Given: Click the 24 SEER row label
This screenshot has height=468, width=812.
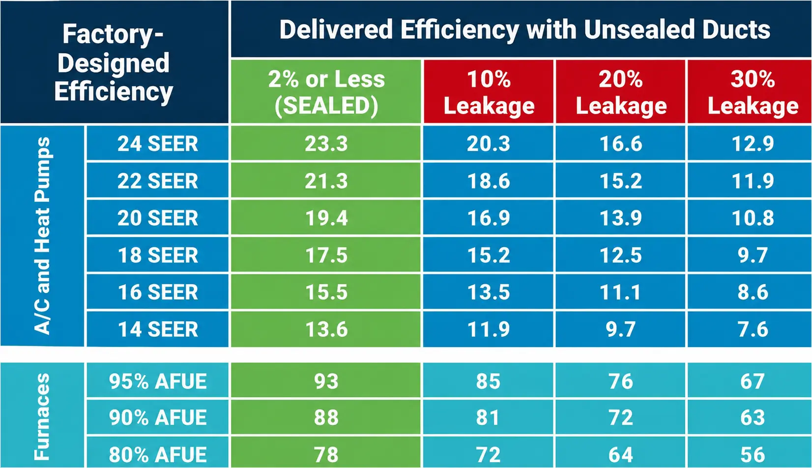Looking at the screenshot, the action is (158, 144).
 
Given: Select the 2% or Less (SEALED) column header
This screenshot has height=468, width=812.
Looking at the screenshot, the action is (326, 92).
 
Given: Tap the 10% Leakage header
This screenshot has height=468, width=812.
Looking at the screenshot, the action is (489, 92).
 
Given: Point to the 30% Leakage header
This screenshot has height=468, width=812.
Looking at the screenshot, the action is (753, 92).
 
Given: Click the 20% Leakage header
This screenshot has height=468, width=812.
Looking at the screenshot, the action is (621, 92).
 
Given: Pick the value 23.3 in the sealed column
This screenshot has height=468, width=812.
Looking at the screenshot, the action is (326, 144).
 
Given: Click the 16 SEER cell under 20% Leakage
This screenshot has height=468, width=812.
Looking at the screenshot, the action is (621, 292).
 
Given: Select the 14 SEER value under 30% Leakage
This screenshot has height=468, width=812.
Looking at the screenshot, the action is (753, 329).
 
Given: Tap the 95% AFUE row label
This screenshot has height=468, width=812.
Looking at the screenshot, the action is (158, 381).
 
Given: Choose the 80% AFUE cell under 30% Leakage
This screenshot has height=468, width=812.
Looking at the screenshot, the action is (753, 455).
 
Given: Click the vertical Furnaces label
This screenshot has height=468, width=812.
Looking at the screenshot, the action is (42, 416).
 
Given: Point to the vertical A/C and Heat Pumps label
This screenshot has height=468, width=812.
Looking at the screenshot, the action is (42, 235).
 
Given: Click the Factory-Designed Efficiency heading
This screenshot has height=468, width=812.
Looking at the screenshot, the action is (114, 62).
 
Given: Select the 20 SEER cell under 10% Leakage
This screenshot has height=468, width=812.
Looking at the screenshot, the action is (489, 218).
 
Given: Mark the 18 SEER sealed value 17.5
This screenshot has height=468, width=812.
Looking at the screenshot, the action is (326, 255).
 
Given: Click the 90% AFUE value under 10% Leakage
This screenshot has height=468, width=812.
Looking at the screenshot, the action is (488, 417).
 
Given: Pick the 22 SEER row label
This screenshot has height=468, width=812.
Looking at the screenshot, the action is (158, 181).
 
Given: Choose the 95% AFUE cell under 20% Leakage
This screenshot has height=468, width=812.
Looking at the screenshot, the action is (621, 381).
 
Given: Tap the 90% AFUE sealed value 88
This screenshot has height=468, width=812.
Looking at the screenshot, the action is (326, 417).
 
